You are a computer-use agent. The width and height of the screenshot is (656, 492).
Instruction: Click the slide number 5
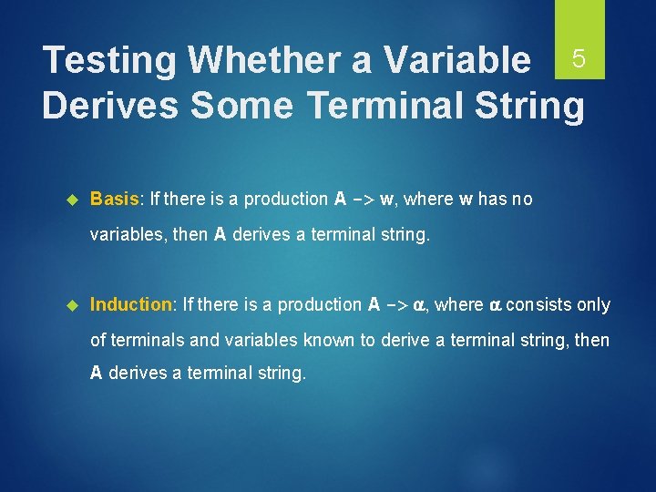pos(578,59)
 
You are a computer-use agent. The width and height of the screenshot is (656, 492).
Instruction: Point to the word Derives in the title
pos(109,106)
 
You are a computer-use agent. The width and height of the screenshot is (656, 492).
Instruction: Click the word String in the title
pos(522,106)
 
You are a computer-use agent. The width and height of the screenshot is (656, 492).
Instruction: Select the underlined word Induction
pos(131,304)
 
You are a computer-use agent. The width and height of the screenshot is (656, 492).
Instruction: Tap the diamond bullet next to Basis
pos(75,200)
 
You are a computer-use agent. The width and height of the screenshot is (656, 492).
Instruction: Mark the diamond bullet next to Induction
pos(75,305)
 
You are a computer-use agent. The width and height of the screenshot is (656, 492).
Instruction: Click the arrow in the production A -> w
pos(363,200)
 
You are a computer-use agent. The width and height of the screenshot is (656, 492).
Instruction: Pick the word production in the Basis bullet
pos(288,199)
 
